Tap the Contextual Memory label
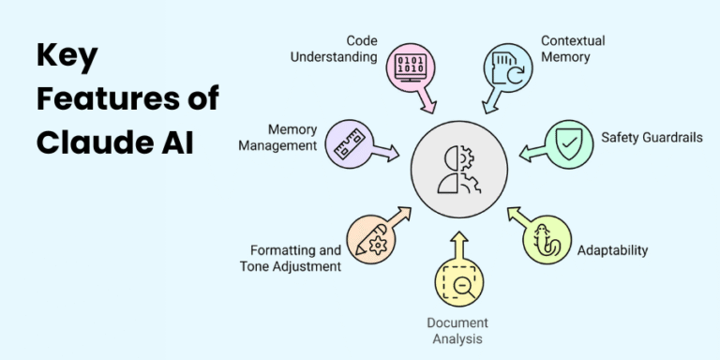[573, 49]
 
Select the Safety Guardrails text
[652, 138]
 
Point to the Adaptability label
[612, 250]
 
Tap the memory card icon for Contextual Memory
[507, 66]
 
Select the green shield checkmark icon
[569, 142]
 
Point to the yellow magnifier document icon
[458, 282]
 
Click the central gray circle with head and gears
[459, 171]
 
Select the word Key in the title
[67, 56]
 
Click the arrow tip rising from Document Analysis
[458, 235]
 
